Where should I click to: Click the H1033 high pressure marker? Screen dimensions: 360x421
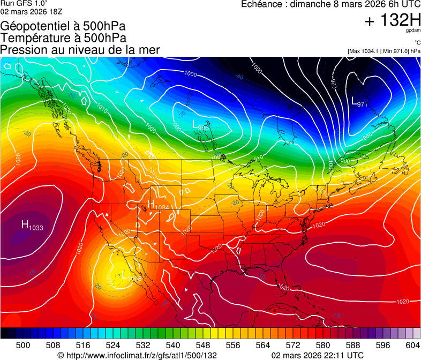click(x=32, y=226)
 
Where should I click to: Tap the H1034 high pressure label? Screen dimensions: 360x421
click(x=157, y=205)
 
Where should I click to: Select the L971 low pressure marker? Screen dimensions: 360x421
click(x=359, y=101)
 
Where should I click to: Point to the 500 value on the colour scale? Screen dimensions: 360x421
click(x=23, y=346)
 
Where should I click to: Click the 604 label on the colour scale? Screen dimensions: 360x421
click(x=413, y=346)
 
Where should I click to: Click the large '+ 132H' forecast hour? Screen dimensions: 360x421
click(x=393, y=20)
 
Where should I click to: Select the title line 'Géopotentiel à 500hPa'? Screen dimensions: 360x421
click(x=64, y=26)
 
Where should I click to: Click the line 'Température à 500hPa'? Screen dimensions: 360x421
click(x=64, y=38)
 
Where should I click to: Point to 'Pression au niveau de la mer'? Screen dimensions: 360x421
click(x=80, y=50)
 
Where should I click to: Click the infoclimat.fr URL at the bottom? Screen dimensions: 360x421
click(x=137, y=355)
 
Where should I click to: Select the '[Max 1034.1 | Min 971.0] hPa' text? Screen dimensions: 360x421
click(x=384, y=51)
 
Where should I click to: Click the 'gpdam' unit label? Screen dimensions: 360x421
click(x=414, y=31)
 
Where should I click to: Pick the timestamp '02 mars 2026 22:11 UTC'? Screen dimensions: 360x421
click(x=318, y=355)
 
